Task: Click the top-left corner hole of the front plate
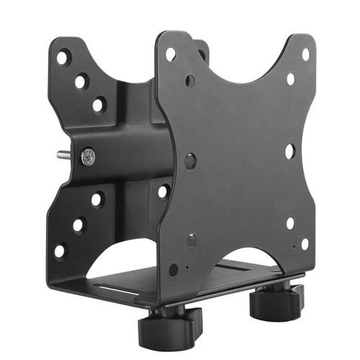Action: pyautogui.click(x=171, y=54)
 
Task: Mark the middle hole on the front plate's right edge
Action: pyautogui.click(x=289, y=152)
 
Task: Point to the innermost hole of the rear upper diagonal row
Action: pyautogui.click(x=99, y=104)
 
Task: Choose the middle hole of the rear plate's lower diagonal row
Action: pyautogui.click(x=78, y=225)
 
